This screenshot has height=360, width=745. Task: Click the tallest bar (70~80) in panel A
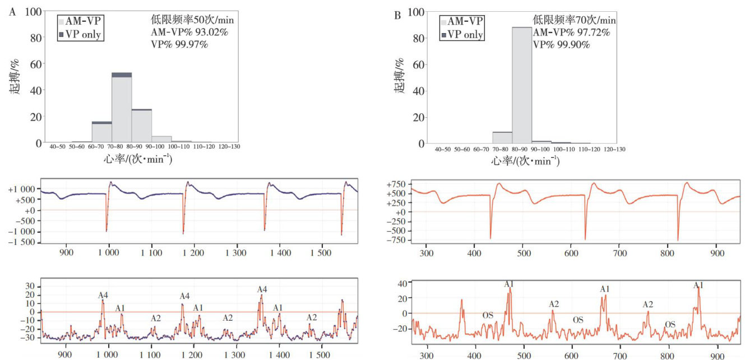coord(122,109)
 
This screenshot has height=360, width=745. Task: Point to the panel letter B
coord(397,15)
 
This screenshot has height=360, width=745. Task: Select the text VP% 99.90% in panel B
coord(561,45)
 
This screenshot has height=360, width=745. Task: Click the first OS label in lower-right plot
coord(488,315)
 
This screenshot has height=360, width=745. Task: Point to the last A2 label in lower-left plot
coord(312,317)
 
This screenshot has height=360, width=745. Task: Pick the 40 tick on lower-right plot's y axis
coord(402,284)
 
